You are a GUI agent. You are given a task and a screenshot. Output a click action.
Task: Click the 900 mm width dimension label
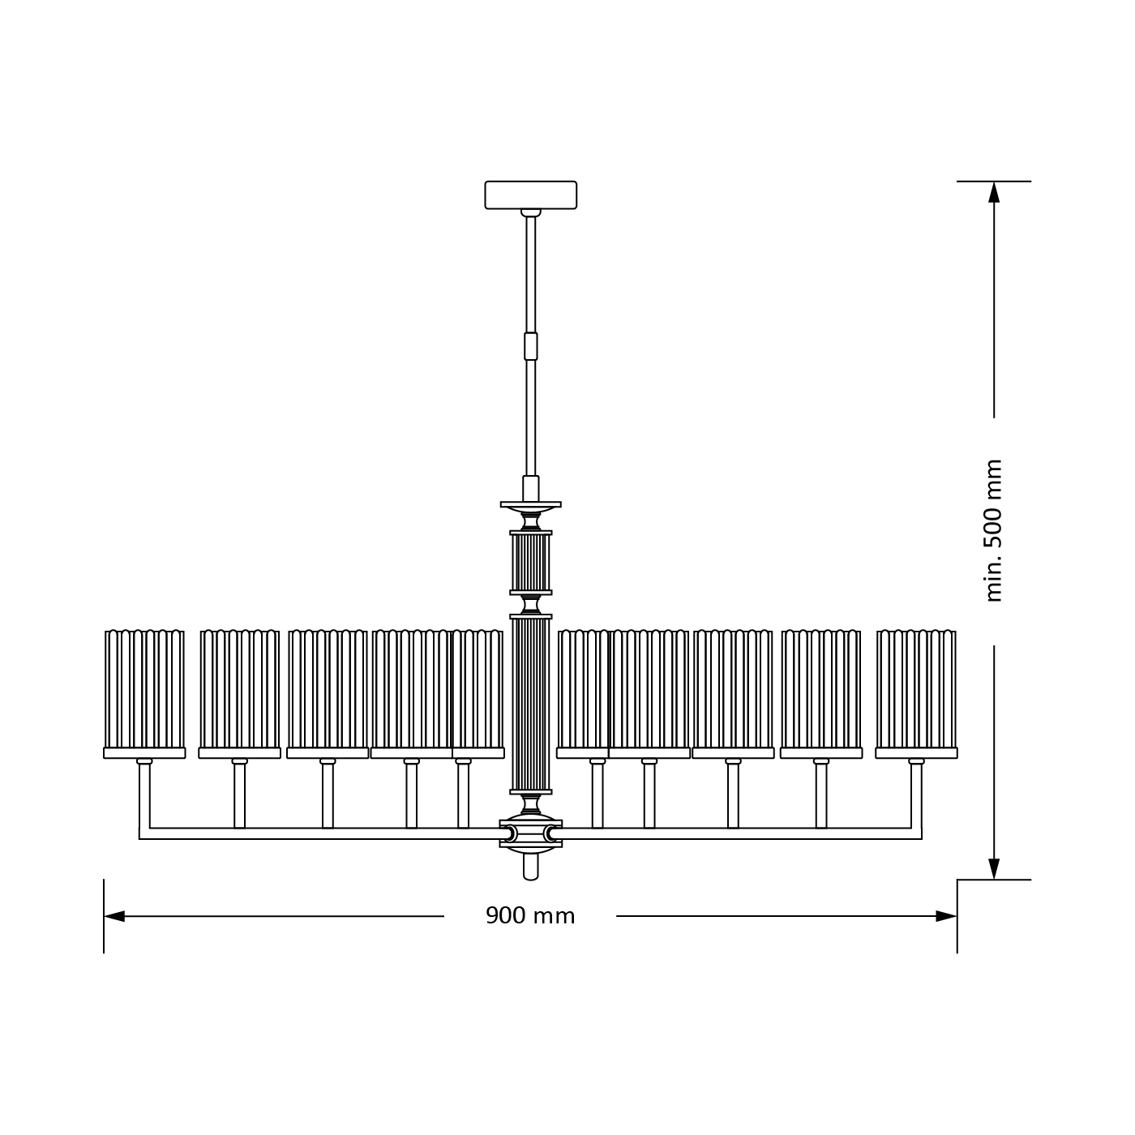tap(530, 916)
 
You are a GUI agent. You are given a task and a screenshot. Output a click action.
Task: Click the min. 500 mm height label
tap(994, 531)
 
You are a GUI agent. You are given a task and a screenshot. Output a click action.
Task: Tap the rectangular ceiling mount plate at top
tap(531, 195)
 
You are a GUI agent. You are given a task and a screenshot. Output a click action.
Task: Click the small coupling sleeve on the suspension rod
tap(531, 346)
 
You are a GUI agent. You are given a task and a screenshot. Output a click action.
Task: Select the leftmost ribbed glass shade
tap(144, 689)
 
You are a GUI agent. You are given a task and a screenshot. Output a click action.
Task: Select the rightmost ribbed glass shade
tap(916, 689)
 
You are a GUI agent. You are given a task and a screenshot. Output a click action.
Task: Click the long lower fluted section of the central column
tap(531, 704)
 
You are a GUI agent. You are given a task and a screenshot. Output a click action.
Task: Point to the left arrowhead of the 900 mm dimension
tap(114, 916)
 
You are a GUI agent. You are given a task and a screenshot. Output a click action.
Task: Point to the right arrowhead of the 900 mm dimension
tap(946, 916)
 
